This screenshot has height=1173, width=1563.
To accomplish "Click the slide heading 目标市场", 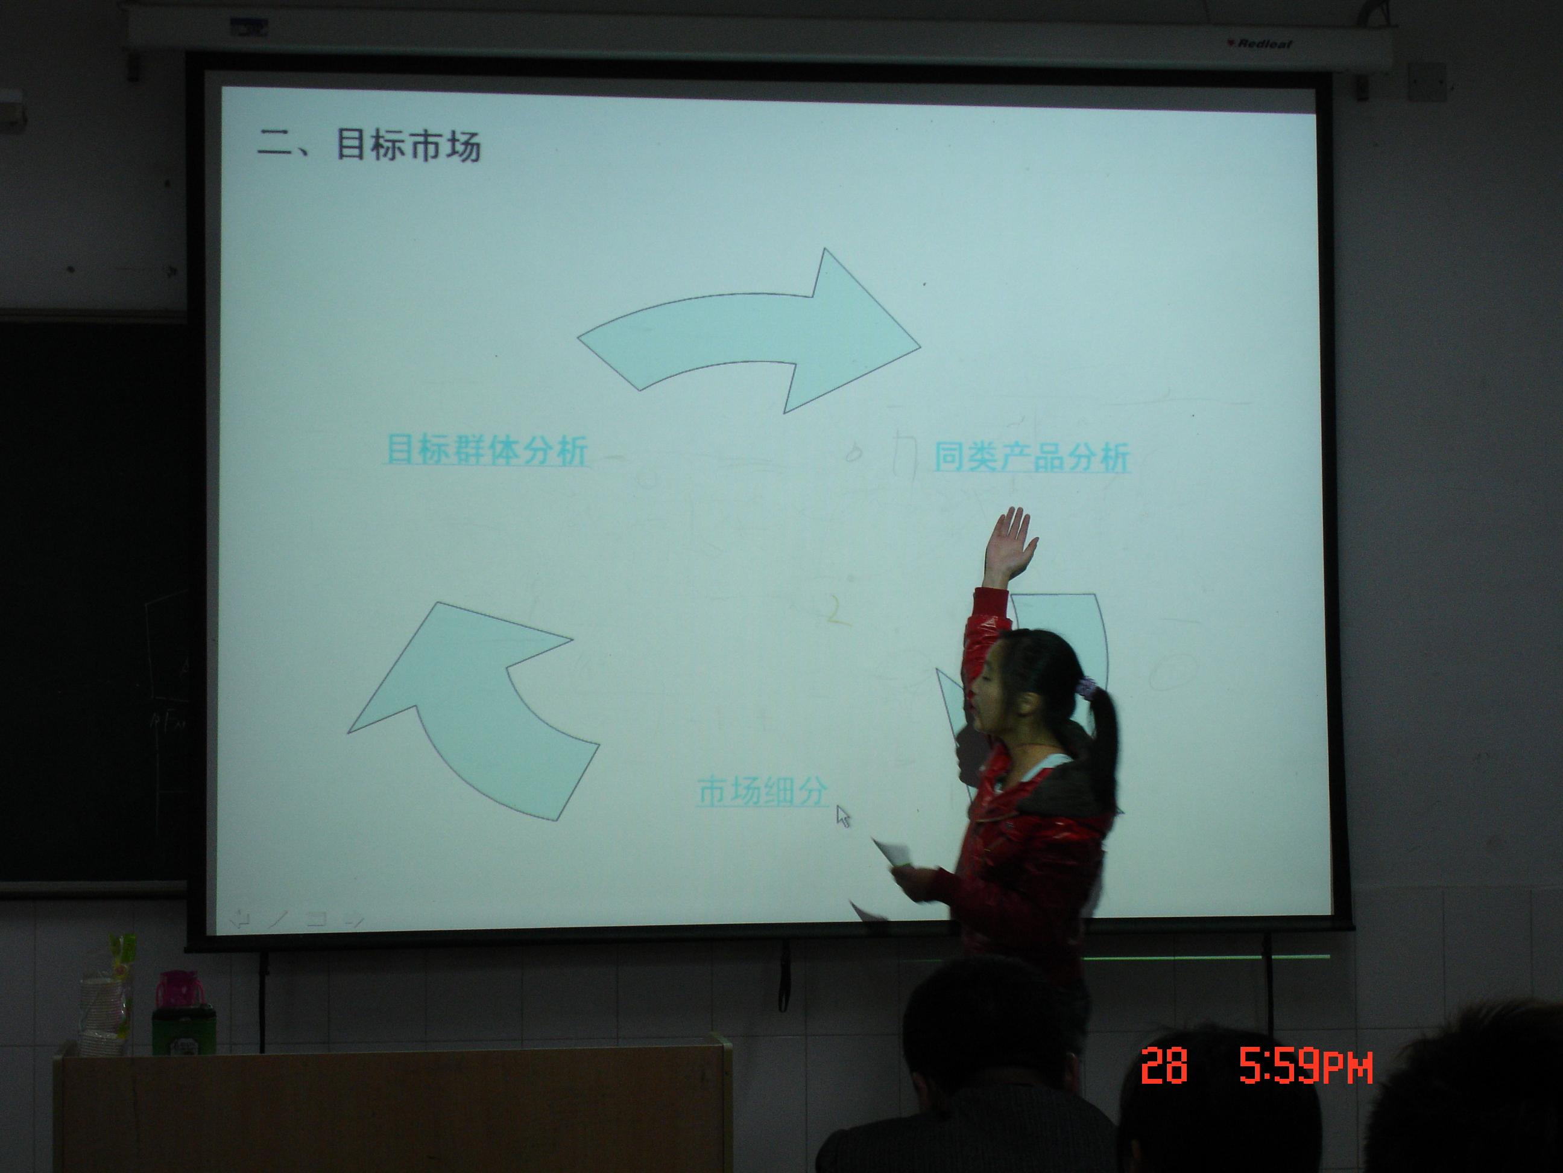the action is coord(408,145).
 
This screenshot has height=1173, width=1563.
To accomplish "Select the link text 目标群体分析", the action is coord(487,450).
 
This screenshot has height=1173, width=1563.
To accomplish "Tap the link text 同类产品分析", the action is coord(1032,457).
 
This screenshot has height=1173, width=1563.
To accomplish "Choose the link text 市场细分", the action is coord(762,791).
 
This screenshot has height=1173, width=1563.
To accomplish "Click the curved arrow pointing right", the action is coord(749,332).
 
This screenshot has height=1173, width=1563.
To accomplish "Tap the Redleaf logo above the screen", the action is coord(1262,44).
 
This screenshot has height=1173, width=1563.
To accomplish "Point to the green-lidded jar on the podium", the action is coord(184,1029).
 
